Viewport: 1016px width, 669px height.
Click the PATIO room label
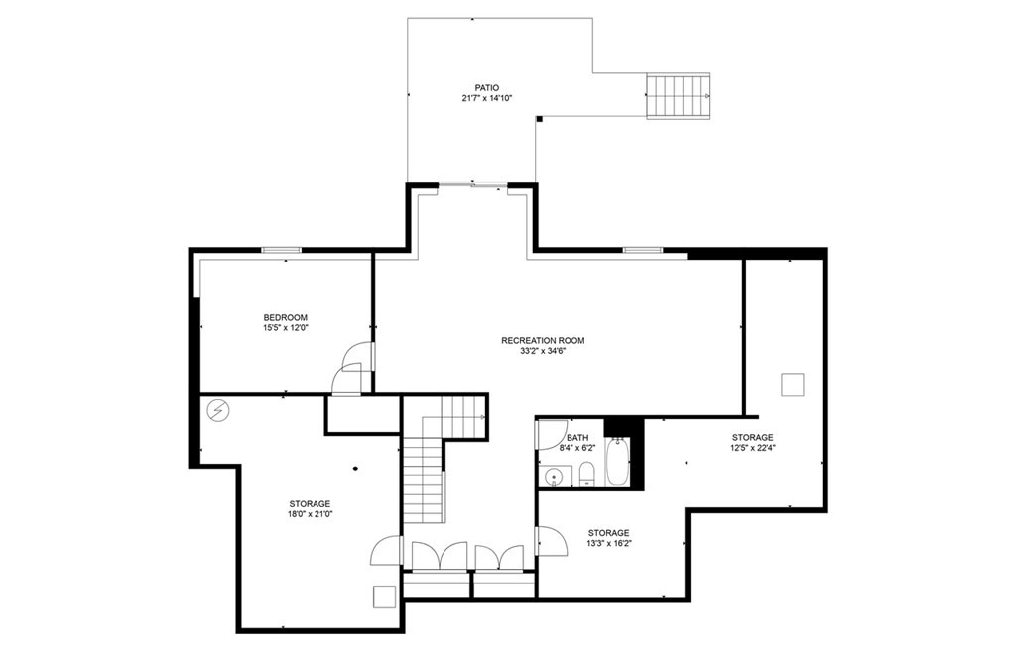486,87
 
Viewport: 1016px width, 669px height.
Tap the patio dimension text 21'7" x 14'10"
486,98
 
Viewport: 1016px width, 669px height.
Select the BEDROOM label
285,317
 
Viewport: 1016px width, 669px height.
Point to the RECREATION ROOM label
543,340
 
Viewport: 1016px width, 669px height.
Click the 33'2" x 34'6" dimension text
543,351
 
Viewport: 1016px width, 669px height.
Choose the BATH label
577,437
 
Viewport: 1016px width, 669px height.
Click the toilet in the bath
585,473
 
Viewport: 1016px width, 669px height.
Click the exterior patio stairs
678,96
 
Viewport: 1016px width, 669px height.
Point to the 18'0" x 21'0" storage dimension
310,515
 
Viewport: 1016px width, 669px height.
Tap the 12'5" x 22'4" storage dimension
753,448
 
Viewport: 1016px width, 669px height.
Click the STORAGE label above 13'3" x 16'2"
608,533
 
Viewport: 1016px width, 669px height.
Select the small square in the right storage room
791,385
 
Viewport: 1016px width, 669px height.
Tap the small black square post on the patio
539,119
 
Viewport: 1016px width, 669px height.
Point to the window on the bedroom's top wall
281,250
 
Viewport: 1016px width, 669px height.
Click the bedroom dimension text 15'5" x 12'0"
285,328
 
